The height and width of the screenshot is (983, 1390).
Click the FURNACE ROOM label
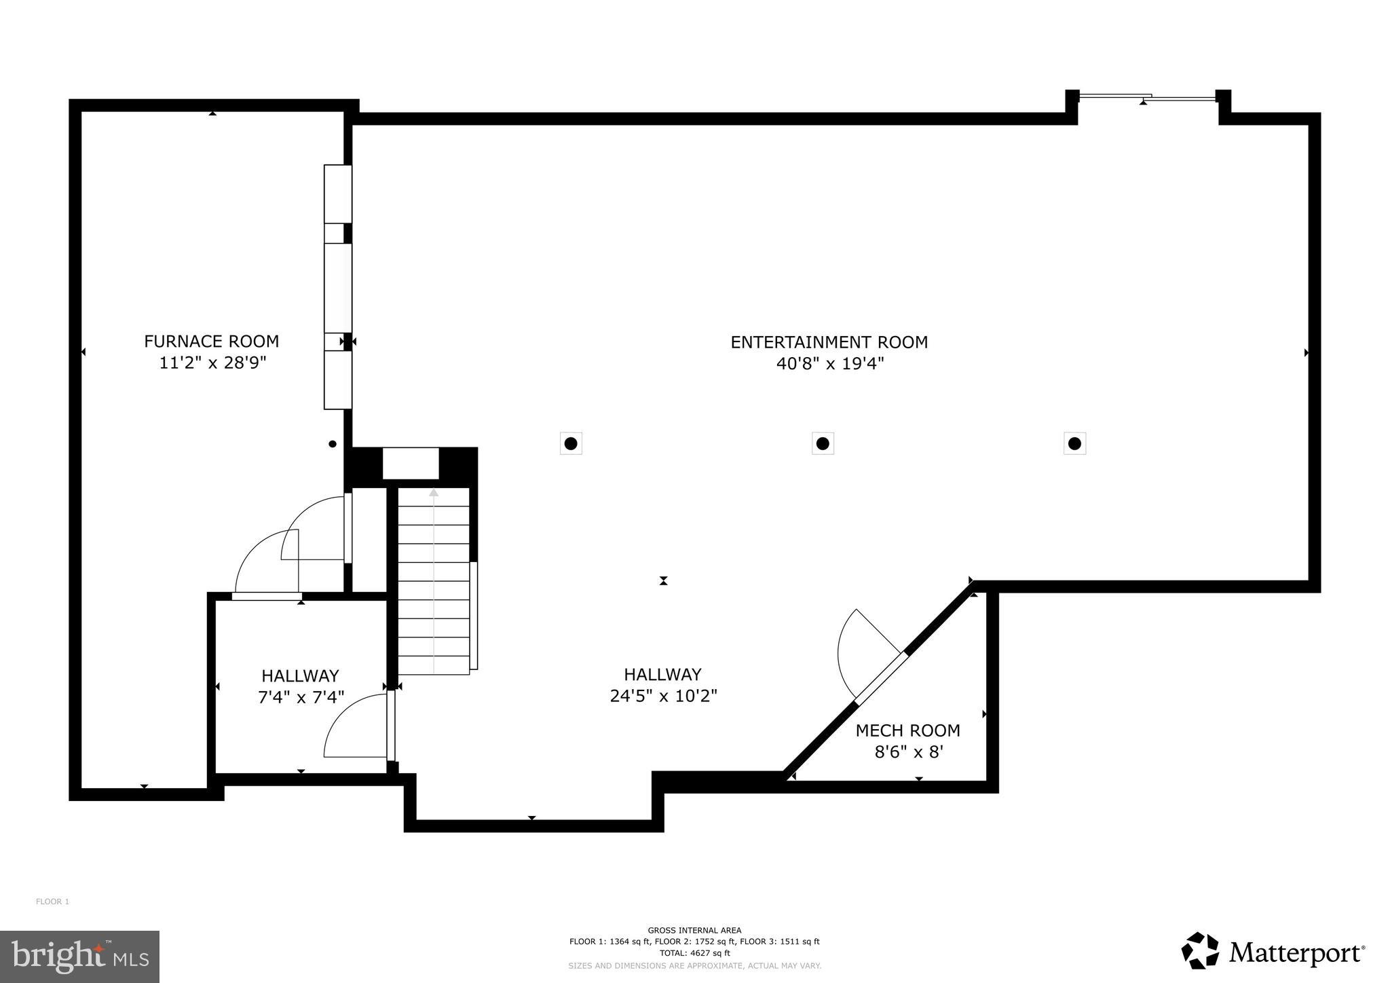[x=211, y=341]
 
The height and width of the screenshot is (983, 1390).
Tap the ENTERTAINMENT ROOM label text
[x=829, y=342]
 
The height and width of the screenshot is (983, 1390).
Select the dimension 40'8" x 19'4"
[x=829, y=364]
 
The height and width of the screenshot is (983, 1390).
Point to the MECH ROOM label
[x=907, y=730]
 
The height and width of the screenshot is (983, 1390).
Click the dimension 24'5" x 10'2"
[x=663, y=696]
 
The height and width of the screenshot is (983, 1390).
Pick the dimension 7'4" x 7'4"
[x=301, y=697]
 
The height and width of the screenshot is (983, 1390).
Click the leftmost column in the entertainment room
[x=571, y=444]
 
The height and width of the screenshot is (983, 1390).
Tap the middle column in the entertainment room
[x=823, y=444]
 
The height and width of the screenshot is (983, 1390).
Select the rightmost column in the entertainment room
[x=1074, y=444]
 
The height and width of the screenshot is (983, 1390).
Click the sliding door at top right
[x=1147, y=98]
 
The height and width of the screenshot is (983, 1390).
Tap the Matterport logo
[x=1273, y=952]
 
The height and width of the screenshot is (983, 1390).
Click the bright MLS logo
[x=79, y=957]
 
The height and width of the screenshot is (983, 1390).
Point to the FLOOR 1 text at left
[x=52, y=902]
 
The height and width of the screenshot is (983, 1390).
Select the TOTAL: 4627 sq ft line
[x=694, y=953]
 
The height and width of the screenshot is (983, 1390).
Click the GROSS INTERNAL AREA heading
[x=694, y=930]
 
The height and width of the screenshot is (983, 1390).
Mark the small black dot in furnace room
[x=333, y=444]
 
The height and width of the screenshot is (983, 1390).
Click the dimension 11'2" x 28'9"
[x=212, y=363]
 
